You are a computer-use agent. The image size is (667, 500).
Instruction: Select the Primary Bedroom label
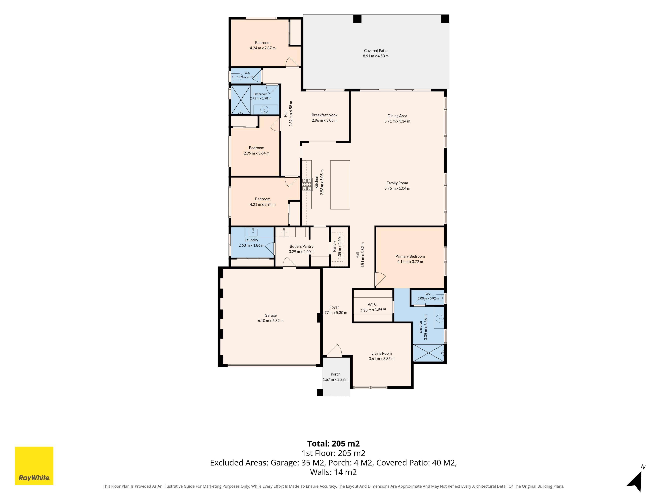(x=410, y=256)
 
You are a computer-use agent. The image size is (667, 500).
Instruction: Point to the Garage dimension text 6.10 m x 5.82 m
(x=270, y=321)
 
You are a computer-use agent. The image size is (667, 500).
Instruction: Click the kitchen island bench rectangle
(x=340, y=185)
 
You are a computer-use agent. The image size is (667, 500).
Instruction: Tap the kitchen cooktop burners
(x=307, y=184)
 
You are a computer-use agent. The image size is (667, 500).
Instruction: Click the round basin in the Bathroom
(x=264, y=109)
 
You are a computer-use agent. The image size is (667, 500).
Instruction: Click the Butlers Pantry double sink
(x=284, y=232)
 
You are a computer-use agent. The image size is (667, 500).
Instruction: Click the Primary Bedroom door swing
(x=380, y=279)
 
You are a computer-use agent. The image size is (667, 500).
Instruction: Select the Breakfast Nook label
(x=324, y=115)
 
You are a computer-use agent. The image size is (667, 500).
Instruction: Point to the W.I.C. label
(x=373, y=304)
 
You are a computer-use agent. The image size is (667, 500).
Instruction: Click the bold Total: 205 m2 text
(x=333, y=444)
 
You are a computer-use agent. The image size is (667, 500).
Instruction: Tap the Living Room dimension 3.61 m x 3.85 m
(x=381, y=359)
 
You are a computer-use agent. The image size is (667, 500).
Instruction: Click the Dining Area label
(x=397, y=116)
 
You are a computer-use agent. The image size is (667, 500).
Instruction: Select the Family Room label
(x=397, y=183)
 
